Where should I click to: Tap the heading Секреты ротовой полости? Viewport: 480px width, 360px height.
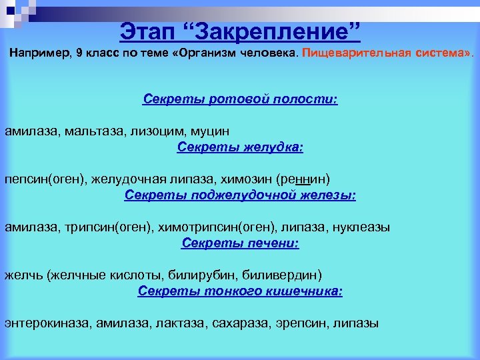240,99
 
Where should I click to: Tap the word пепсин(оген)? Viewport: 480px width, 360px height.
37,179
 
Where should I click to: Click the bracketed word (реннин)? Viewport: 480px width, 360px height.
303,179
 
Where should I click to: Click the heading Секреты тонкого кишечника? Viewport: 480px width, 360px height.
240,291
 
